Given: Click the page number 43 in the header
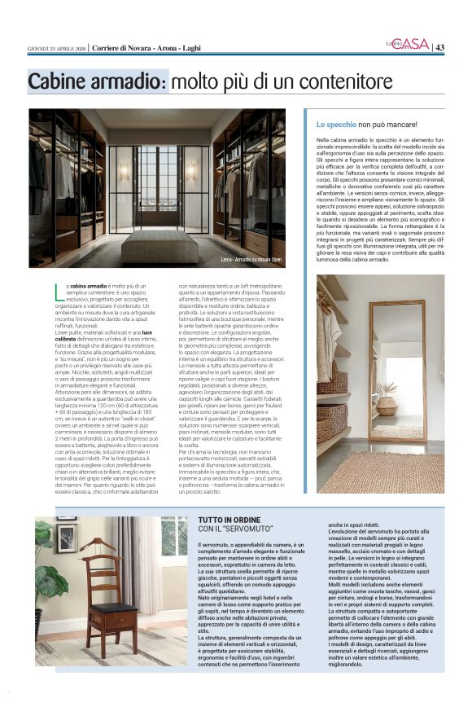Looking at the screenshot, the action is (439, 46).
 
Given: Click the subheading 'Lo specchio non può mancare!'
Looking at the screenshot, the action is (366, 124).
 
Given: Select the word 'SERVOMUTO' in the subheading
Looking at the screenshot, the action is (242, 529).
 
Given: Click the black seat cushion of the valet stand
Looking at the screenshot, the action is (102, 608).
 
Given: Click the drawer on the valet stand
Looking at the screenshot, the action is (103, 623).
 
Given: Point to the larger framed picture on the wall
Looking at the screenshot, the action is (66, 538).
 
